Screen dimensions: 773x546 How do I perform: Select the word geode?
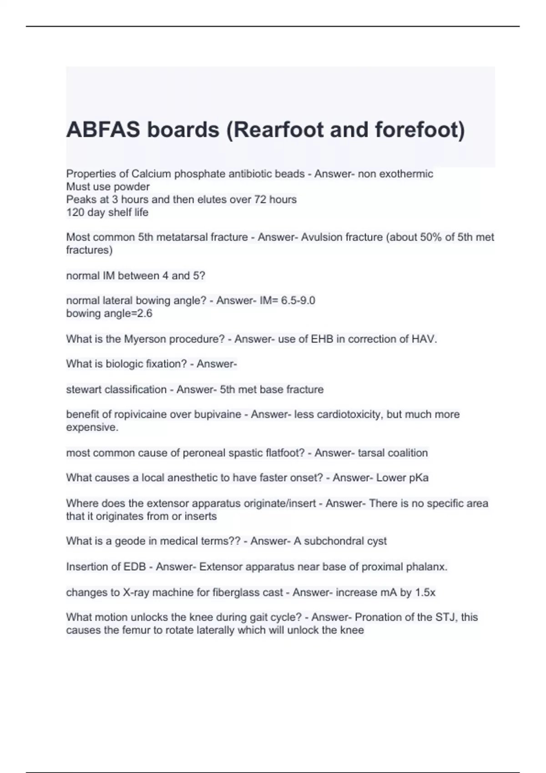click(128, 541)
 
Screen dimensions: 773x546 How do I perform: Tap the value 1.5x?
click(425, 592)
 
